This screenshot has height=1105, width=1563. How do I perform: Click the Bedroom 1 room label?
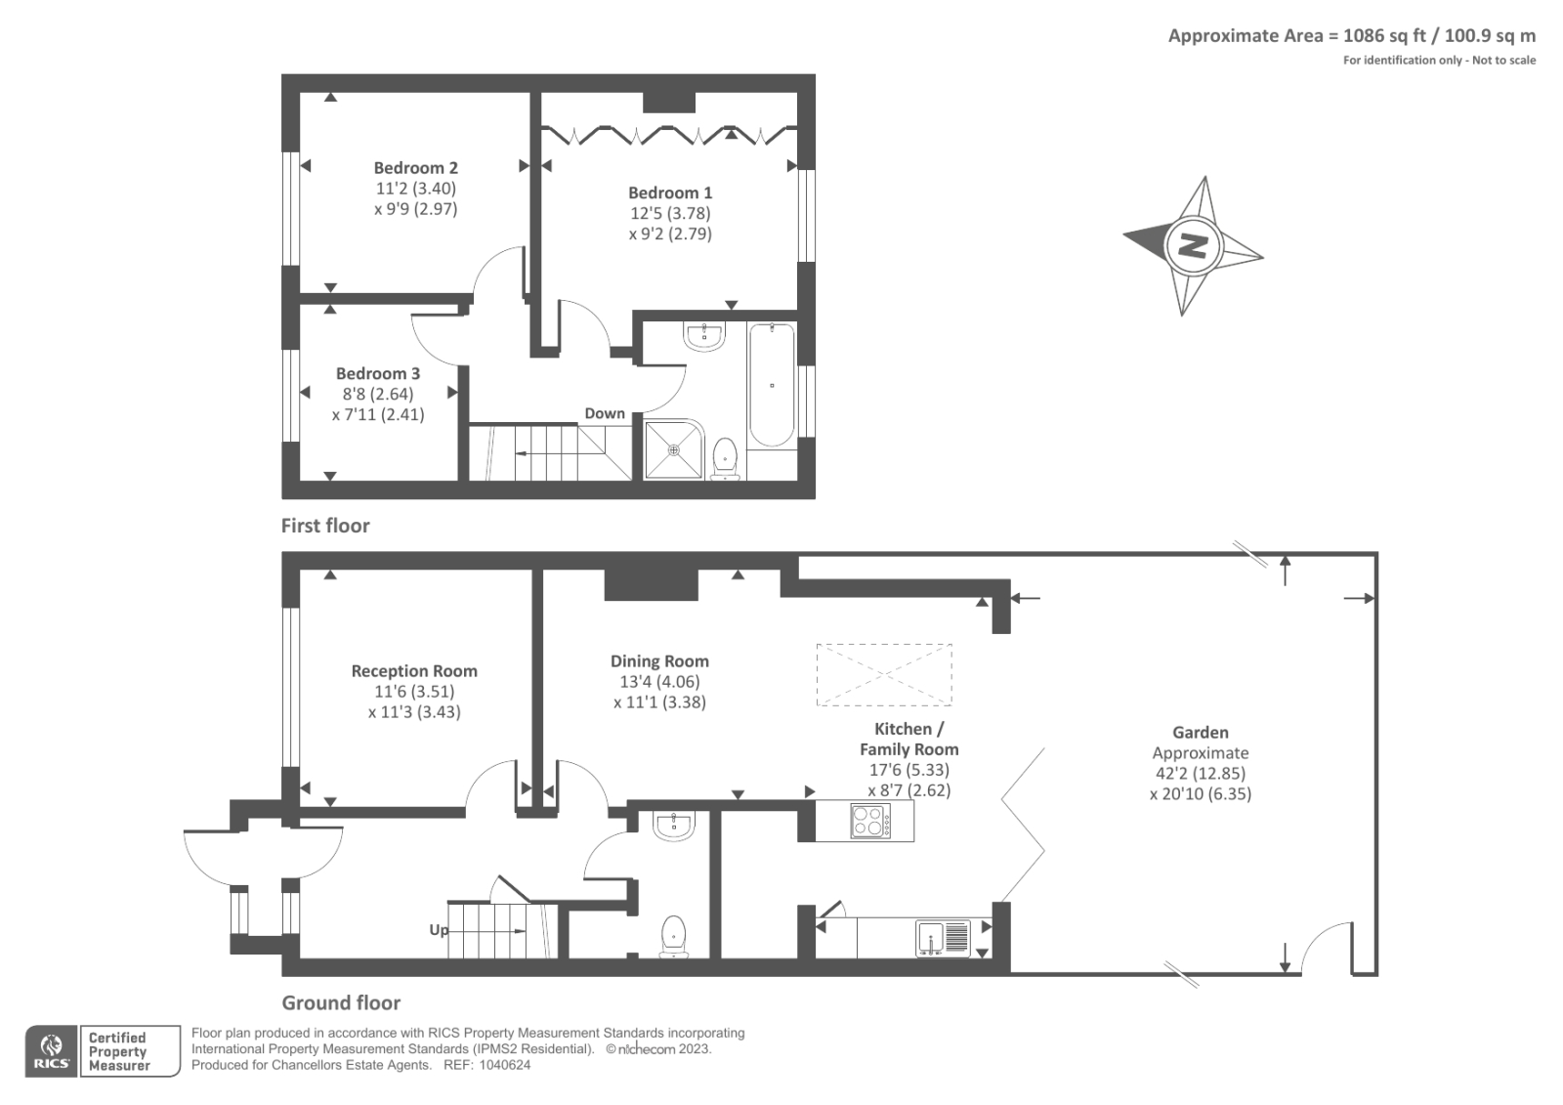point(670,192)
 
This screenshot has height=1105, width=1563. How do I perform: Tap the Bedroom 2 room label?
point(416,168)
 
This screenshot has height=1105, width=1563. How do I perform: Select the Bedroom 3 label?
point(378,373)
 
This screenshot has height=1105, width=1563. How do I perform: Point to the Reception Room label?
point(414,671)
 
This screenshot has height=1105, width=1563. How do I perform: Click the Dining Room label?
point(659,661)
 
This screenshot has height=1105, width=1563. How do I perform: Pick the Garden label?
point(1201,732)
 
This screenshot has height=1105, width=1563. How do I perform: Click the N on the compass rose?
point(1193,245)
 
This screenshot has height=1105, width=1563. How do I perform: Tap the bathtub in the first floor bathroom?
point(772,385)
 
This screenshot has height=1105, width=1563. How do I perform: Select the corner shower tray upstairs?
point(673,449)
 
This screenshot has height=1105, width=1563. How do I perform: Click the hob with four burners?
point(870,821)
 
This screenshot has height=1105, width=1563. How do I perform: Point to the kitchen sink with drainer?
point(943,938)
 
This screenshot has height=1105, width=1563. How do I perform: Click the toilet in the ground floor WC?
point(673,936)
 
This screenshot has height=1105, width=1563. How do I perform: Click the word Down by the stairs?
point(605,413)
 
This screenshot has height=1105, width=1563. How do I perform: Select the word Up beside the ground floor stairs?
point(439,930)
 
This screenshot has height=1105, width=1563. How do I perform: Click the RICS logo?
point(52,1051)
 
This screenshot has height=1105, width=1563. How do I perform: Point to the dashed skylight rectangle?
point(884,675)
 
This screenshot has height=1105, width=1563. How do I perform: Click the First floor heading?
point(325,526)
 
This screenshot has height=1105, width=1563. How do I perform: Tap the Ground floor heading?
point(341,1003)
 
